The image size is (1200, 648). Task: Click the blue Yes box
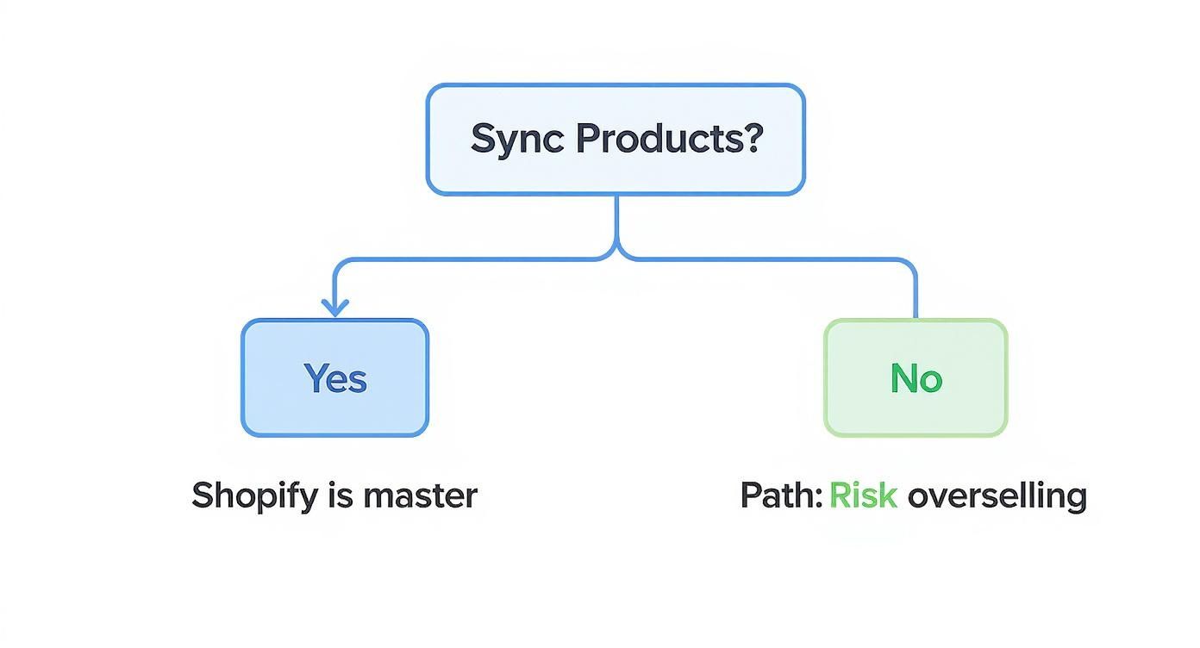pyautogui.click(x=334, y=377)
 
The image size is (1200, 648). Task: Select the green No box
pyautogui.click(x=916, y=377)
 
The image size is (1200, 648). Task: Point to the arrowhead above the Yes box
pyautogui.click(x=334, y=307)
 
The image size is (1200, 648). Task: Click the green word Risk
pyautogui.click(x=863, y=496)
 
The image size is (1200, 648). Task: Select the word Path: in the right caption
pyautogui.click(x=781, y=496)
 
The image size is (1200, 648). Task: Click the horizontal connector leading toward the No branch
pyautogui.click(x=767, y=259)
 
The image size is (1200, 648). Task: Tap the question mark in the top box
pyautogui.click(x=753, y=139)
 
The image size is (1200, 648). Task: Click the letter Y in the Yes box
pyautogui.click(x=315, y=378)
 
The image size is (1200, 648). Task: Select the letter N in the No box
pyautogui.click(x=903, y=378)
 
